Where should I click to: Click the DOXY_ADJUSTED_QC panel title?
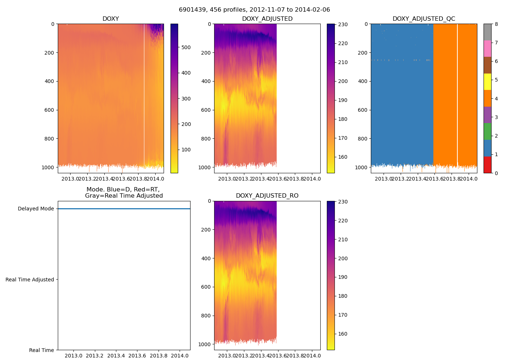[424, 19]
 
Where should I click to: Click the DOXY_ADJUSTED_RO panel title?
[267, 196]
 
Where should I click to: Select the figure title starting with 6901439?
[254, 10]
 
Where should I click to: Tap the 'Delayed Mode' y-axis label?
[36, 209]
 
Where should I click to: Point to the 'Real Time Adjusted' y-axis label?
[30, 280]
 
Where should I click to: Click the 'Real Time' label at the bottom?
[41, 350]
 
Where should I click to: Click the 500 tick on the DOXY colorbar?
[186, 47]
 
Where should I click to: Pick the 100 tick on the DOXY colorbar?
[186, 150]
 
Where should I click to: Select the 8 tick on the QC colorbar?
[496, 24]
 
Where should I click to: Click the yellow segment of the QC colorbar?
[487, 82]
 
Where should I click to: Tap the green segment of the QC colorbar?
[487, 131]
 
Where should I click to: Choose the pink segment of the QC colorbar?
[487, 48]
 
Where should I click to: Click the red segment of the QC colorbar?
[487, 165]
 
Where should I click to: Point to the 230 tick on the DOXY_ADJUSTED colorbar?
[343, 24]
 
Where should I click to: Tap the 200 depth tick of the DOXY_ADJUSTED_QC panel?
[362, 53]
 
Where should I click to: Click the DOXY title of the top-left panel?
[111, 19]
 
